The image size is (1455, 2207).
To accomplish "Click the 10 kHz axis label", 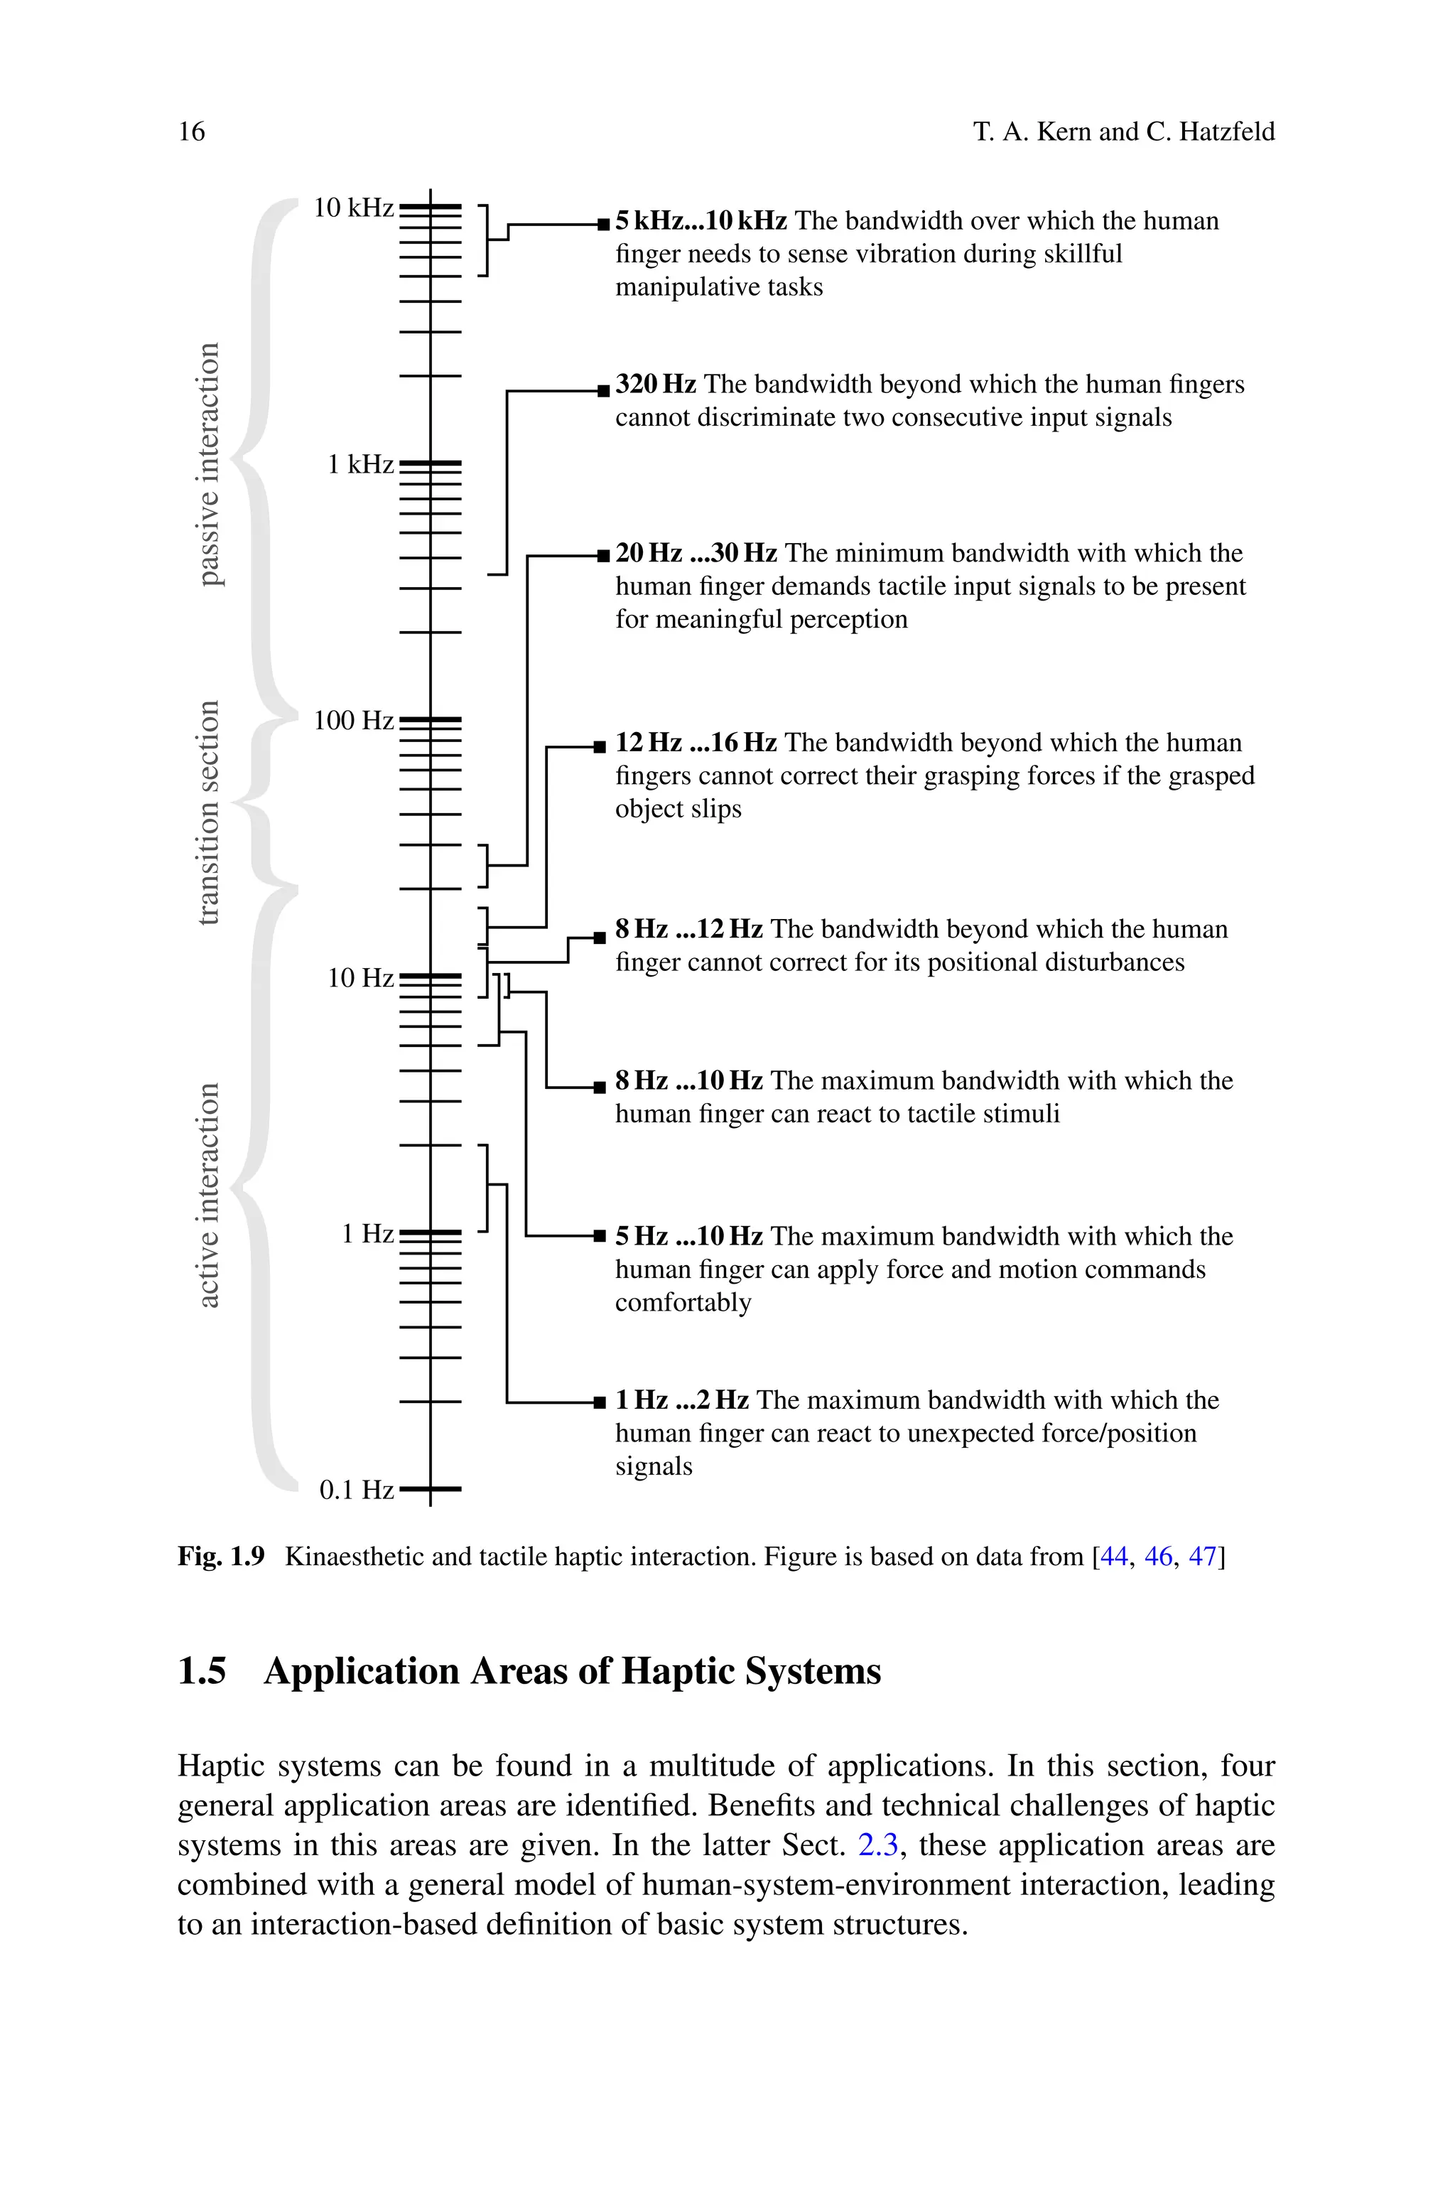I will pos(352,208).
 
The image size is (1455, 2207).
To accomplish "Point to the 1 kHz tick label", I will pos(360,464).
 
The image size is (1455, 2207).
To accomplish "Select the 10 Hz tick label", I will pos(360,977).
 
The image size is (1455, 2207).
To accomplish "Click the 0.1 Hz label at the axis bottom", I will pos(357,1490).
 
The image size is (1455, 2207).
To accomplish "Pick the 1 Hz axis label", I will pos(367,1233).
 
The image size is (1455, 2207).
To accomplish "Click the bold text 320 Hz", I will pos(655,385).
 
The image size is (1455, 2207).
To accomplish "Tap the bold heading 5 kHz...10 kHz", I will pos(701,221).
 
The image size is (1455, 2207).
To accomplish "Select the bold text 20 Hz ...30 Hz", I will pos(696,553).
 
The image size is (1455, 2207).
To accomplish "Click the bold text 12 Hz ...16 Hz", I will pos(696,743).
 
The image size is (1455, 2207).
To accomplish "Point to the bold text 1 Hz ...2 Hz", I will pos(682,1400).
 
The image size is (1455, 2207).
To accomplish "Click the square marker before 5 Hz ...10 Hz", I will pos(600,1237).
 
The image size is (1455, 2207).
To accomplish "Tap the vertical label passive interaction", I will pos(210,464).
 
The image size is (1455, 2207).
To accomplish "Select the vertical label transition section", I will pos(210,812).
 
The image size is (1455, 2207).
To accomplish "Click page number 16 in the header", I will pos(191,131).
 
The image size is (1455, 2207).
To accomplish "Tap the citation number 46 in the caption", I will pos(1158,1557).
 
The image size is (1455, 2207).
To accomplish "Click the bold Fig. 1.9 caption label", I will pos(221,1557).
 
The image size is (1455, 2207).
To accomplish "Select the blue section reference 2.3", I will pos(878,1844).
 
